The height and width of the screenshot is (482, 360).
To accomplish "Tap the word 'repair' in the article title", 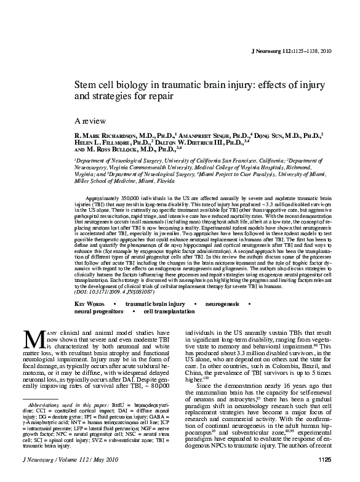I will tap(162, 97).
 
